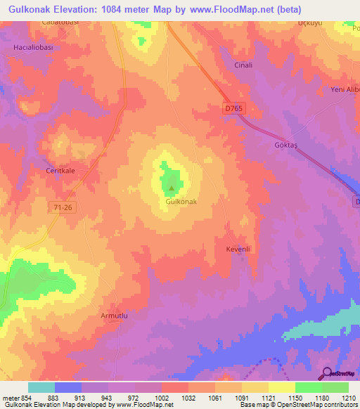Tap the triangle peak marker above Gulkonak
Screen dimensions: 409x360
(171, 188)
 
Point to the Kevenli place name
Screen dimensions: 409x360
(238, 249)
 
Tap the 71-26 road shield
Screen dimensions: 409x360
(63, 207)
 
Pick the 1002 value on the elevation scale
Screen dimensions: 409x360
(162, 398)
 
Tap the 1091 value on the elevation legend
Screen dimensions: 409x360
(242, 398)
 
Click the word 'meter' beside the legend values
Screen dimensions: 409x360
(11, 398)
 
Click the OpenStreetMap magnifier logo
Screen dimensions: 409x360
(325, 374)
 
